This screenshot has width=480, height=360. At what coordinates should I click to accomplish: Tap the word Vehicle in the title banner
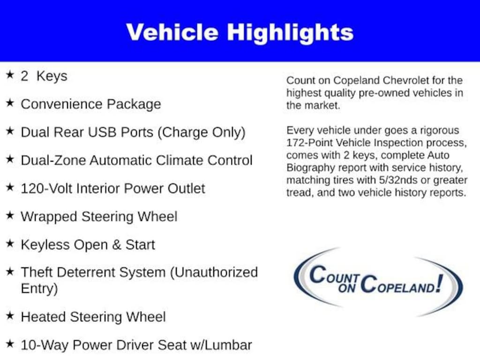tap(172, 32)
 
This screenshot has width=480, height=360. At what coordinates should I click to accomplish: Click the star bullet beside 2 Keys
tap(10, 75)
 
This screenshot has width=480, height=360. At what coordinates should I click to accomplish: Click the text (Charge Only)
tap(201, 133)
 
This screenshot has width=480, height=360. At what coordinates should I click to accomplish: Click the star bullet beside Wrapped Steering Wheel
tap(10, 215)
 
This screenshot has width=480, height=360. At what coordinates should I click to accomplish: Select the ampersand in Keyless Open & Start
tap(117, 245)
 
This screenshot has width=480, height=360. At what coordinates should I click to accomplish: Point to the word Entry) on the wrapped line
tap(39, 289)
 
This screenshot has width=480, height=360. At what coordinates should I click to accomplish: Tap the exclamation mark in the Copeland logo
tap(440, 283)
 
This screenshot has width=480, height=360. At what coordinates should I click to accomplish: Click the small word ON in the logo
tap(347, 288)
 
